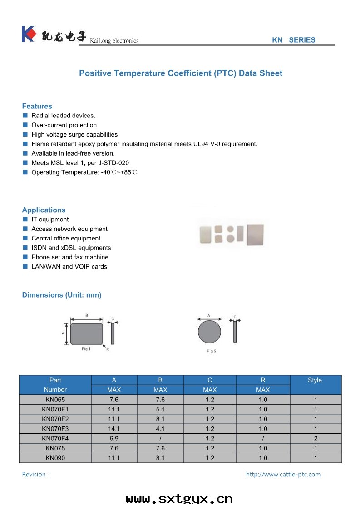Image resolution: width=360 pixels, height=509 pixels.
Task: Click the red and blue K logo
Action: click(28, 34)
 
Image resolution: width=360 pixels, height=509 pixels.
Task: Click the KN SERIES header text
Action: click(293, 40)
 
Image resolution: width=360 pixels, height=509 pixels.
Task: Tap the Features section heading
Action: click(37, 106)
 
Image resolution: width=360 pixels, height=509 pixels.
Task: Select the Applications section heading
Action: click(44, 210)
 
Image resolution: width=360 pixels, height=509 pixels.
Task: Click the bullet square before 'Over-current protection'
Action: click(25, 125)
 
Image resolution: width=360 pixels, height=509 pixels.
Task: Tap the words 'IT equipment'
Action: click(50, 220)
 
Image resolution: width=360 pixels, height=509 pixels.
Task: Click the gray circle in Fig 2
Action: click(209, 332)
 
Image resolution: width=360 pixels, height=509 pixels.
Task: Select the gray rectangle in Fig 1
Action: click(86, 333)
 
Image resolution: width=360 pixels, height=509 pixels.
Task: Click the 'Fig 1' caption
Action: click(86, 349)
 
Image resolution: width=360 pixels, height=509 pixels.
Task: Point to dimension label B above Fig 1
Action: click(86, 315)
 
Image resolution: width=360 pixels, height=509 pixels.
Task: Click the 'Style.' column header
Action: click(315, 380)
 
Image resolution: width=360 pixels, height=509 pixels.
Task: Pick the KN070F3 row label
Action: click(55, 429)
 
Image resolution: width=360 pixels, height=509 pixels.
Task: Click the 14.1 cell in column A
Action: click(114, 429)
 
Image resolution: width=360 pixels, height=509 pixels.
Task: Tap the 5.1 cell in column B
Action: click(160, 409)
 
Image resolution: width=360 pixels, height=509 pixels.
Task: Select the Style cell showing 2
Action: click(315, 439)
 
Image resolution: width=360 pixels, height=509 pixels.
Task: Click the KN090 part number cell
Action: click(55, 458)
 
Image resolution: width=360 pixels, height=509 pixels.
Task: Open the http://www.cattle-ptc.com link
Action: click(283, 475)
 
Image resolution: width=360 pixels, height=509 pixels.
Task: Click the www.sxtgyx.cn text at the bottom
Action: click(179, 499)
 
